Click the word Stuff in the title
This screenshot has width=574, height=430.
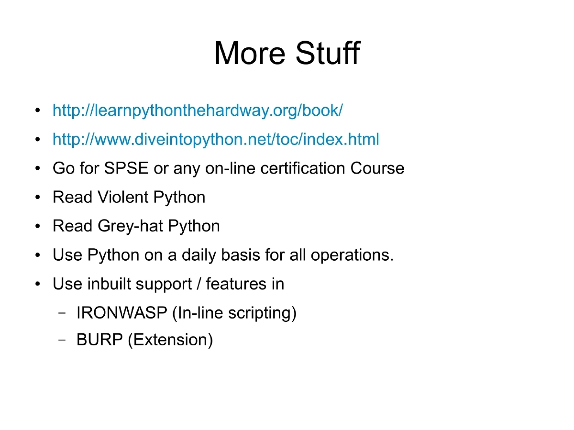click(x=327, y=53)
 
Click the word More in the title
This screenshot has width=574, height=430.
click(x=249, y=53)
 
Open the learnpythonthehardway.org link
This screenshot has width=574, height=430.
click(x=198, y=110)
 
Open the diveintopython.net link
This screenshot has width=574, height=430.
click(x=216, y=140)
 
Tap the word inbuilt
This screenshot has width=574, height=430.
click(x=109, y=284)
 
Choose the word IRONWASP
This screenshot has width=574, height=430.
click(x=122, y=313)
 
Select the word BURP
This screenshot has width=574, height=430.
click(x=99, y=340)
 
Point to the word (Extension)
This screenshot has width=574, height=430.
click(x=170, y=340)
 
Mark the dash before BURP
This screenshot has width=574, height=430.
click(x=62, y=340)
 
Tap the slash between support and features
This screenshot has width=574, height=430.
click(x=199, y=284)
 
